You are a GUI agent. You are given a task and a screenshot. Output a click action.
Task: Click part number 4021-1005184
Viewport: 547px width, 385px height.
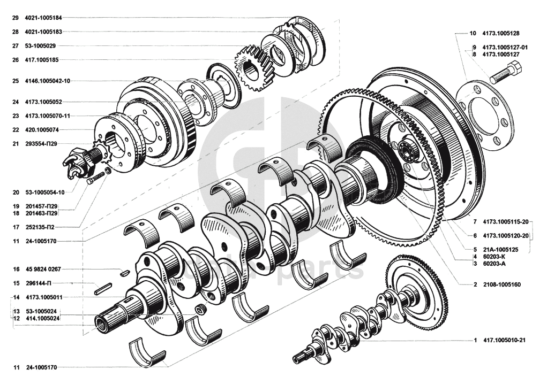[43, 18]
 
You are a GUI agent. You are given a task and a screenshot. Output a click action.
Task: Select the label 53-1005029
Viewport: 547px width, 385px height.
[40, 45]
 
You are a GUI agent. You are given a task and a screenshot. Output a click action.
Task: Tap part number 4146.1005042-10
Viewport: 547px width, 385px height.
[48, 81]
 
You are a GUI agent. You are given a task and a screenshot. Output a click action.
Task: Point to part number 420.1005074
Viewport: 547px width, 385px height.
[41, 130]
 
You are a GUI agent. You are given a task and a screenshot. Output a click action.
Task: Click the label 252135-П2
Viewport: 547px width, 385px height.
[40, 227]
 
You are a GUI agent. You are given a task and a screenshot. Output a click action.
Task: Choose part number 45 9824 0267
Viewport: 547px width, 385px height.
[43, 269]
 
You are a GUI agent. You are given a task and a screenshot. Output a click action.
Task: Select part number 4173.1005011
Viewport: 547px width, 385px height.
[44, 297]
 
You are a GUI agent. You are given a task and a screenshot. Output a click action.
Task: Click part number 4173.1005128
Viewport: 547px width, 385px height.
[500, 33]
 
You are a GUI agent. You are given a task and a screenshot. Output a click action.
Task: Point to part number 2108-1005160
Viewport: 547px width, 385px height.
[501, 284]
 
